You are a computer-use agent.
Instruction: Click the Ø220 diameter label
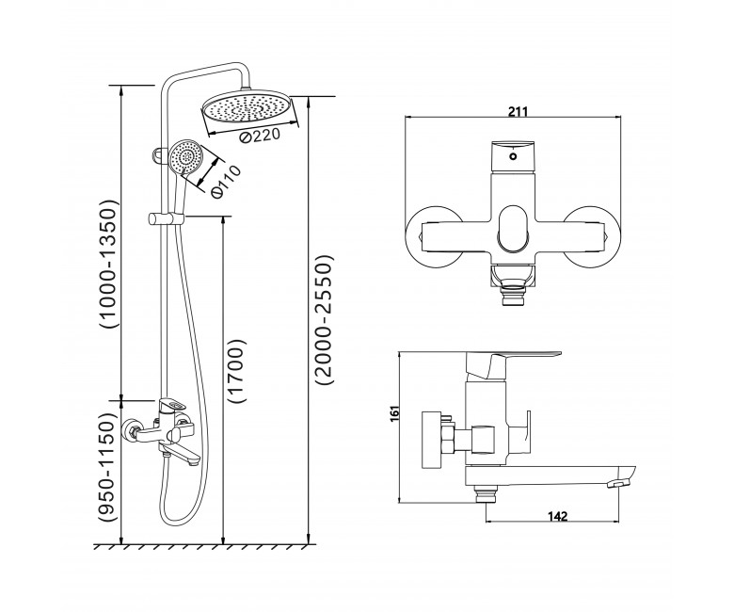click(x=259, y=137)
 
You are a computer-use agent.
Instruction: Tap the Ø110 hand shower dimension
click(x=226, y=181)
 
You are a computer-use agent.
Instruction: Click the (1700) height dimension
click(x=236, y=370)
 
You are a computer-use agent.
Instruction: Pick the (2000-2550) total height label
click(x=324, y=319)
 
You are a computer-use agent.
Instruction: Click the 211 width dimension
click(x=518, y=111)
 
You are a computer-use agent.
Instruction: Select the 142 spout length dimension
click(x=557, y=516)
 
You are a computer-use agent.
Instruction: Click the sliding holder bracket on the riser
click(x=167, y=219)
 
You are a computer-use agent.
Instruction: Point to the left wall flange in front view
click(x=434, y=238)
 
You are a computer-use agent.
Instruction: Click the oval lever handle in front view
click(x=513, y=229)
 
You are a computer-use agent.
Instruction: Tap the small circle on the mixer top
click(x=514, y=157)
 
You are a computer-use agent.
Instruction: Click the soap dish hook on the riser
click(x=158, y=157)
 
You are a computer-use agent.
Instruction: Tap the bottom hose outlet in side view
click(x=486, y=495)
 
